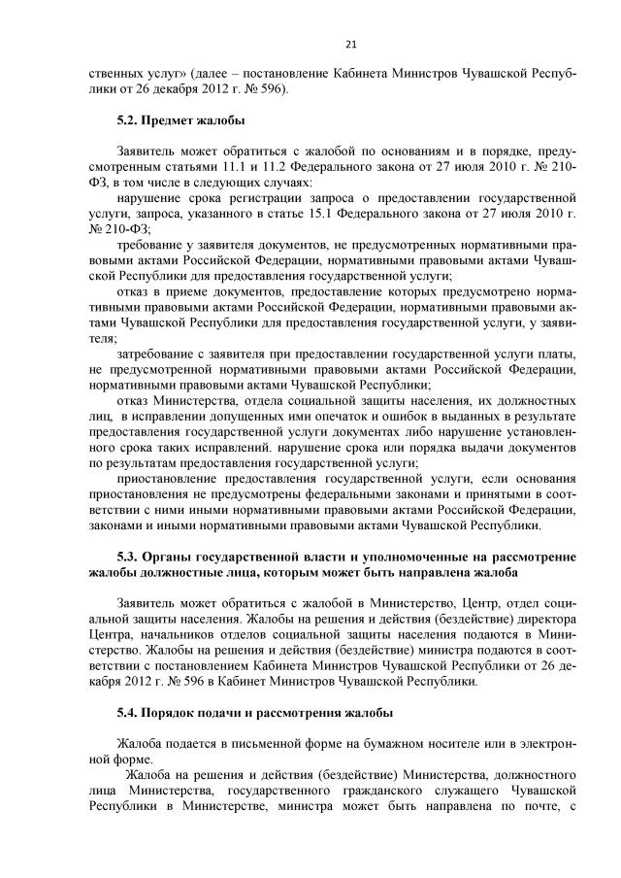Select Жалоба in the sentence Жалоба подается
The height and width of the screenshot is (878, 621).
coord(140,745)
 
